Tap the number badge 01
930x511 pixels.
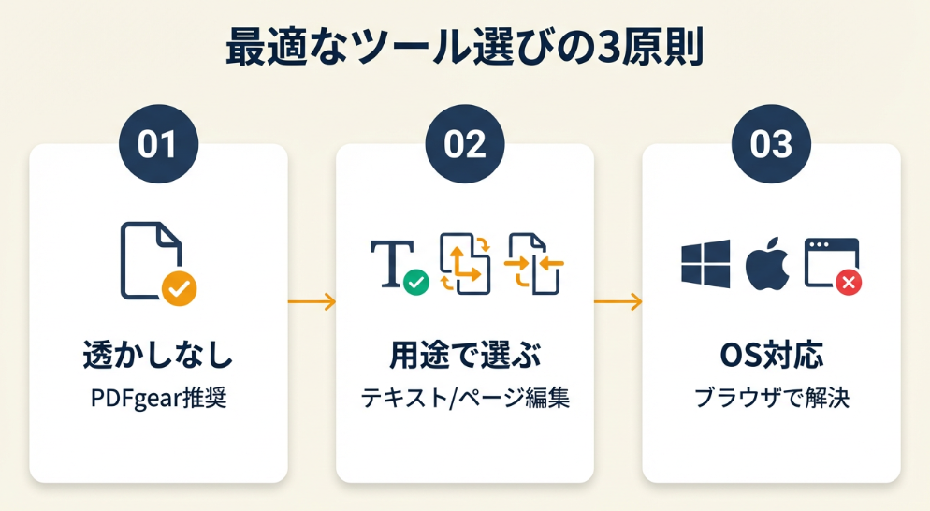tap(158, 144)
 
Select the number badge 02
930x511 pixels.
tap(464, 144)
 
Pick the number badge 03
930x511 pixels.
tap(771, 144)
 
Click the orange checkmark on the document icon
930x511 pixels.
tap(178, 289)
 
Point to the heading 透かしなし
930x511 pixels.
tap(158, 357)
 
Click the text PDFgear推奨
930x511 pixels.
tap(158, 399)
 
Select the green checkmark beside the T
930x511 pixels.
tap(415, 281)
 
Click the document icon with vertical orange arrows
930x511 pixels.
tap(465, 264)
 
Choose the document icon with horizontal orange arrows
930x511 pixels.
tap(534, 263)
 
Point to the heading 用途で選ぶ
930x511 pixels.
tap(465, 357)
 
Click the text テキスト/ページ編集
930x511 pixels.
tap(465, 399)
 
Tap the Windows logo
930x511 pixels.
tap(705, 263)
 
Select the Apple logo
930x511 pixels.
tap(767, 263)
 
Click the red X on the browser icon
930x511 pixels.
tap(848, 282)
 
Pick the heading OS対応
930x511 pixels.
tap(771, 357)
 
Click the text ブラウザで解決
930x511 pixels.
tap(771, 399)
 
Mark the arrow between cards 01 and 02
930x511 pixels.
tap(312, 302)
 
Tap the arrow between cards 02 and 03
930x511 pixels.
tap(618, 302)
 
